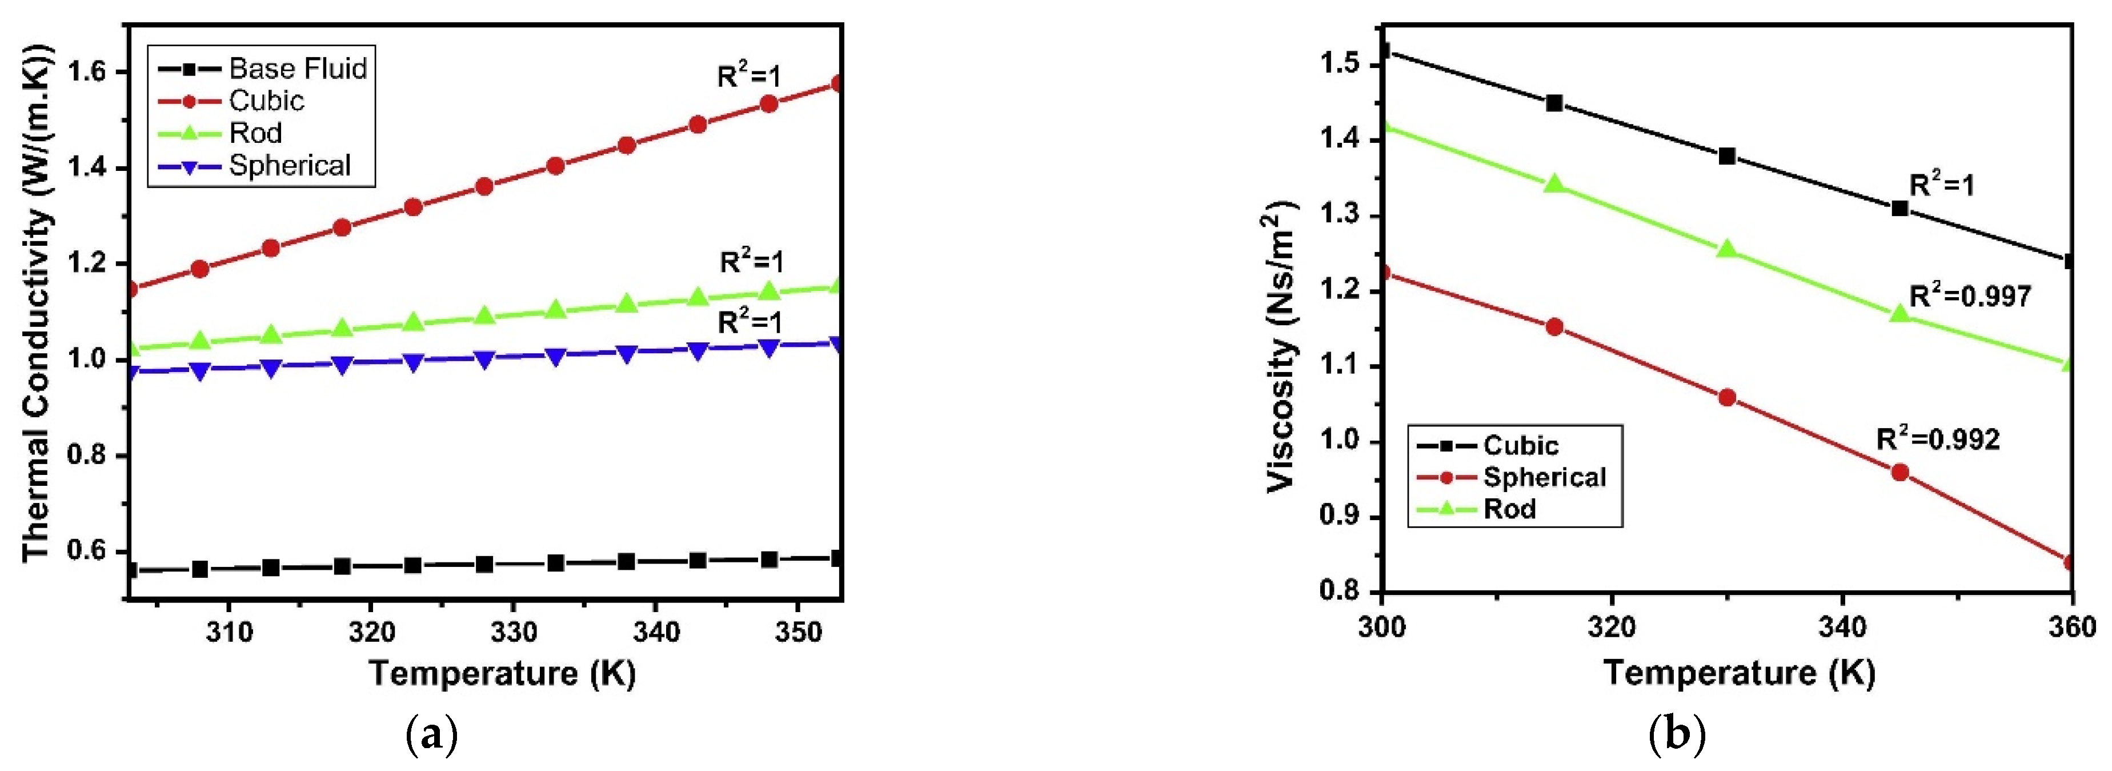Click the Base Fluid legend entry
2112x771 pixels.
coord(297,68)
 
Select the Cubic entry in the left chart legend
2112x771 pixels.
coord(266,101)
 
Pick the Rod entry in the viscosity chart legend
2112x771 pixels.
coord(1509,509)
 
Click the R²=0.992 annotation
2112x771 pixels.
coord(1938,439)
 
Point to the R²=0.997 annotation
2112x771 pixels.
coord(1970,295)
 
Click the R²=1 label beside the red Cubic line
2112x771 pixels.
coord(748,76)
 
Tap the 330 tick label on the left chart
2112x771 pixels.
coord(512,632)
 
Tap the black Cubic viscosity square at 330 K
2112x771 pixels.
coord(1726,156)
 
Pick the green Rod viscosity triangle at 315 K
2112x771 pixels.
coord(1554,183)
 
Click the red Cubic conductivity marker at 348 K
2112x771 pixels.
coord(769,104)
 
